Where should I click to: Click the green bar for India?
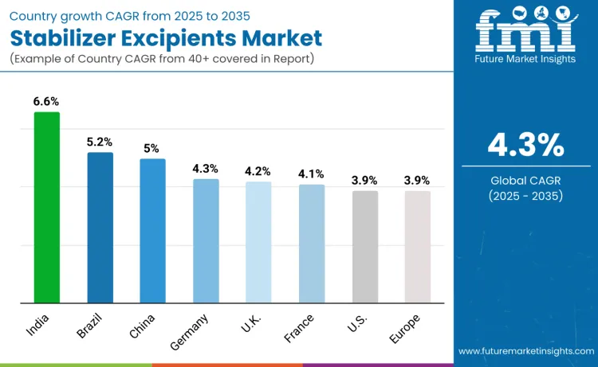click(x=46, y=208)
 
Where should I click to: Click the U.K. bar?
click(x=258, y=243)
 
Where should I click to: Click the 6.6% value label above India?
click(x=46, y=101)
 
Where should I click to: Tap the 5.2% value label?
click(x=100, y=142)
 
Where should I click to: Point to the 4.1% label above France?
click(x=312, y=174)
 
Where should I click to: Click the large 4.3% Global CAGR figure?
click(x=525, y=146)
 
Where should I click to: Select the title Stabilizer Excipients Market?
click(x=167, y=37)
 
